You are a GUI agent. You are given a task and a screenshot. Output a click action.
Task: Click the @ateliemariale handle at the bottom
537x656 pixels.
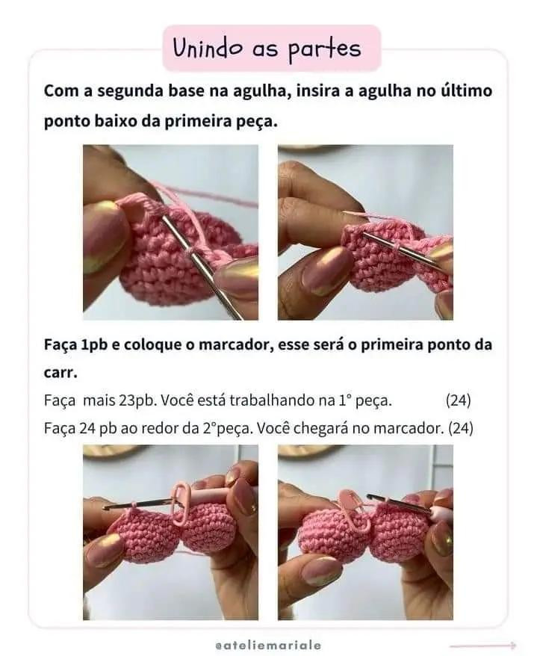(x=268, y=643)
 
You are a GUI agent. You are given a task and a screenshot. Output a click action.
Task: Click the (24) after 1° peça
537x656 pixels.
(x=458, y=400)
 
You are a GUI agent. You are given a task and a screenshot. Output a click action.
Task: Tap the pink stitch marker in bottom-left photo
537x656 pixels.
(x=180, y=504)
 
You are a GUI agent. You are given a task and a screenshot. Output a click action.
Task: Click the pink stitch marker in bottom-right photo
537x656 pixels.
(x=352, y=510)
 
